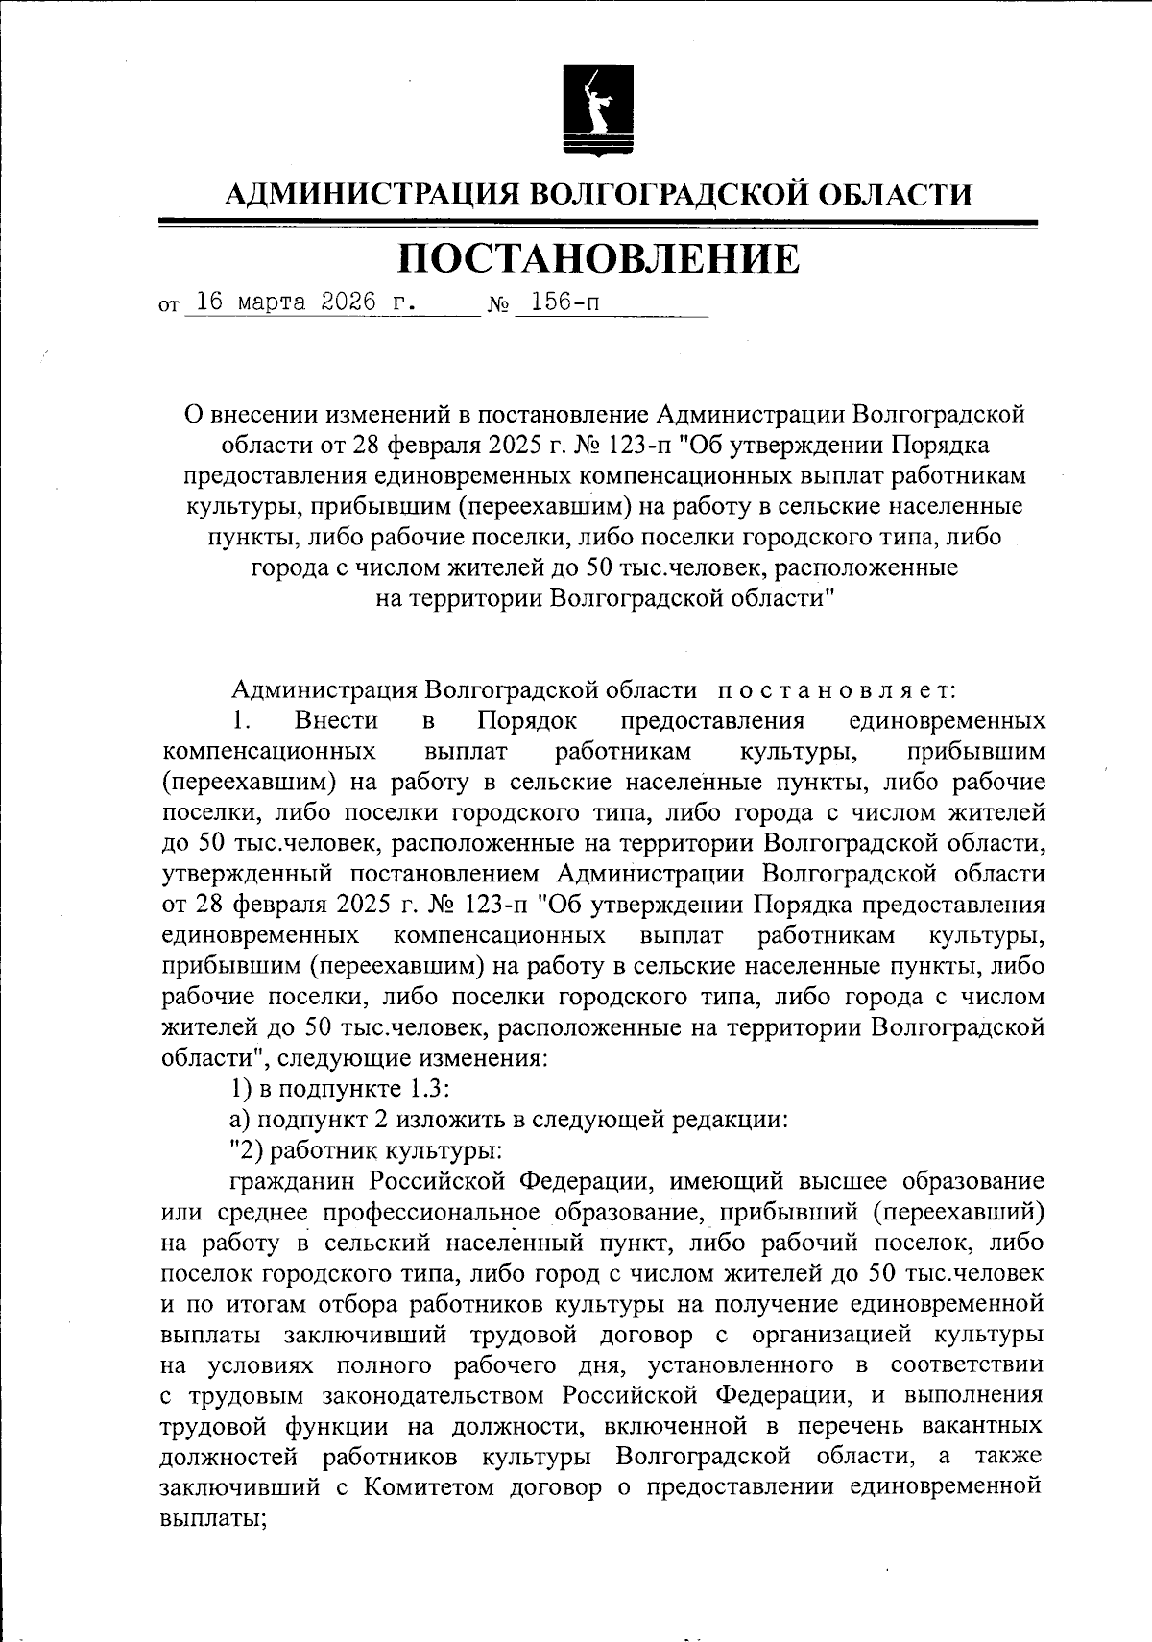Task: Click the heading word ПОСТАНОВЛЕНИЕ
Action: [x=598, y=258]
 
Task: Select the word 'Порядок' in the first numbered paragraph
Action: [x=527, y=720]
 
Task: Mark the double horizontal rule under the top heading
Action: [x=598, y=225]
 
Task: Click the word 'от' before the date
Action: [x=169, y=307]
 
